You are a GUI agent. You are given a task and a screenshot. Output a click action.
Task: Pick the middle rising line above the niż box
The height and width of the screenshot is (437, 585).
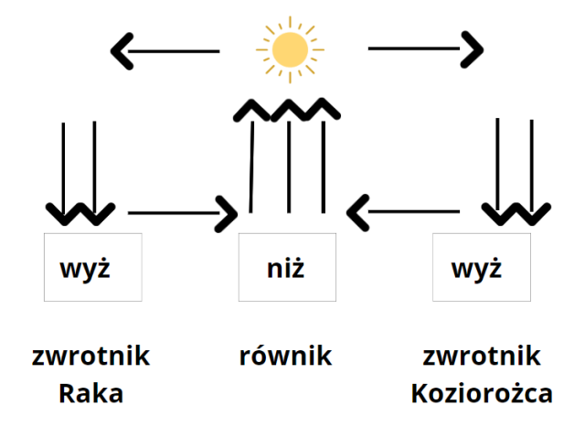coord(289,165)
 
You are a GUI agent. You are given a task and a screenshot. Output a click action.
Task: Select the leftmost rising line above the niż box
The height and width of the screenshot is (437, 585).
coord(252,165)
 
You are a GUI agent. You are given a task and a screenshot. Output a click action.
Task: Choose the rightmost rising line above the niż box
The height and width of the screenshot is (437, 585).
coord(323,165)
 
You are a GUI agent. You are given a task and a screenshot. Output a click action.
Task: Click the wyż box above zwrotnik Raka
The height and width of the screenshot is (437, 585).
coord(92,267)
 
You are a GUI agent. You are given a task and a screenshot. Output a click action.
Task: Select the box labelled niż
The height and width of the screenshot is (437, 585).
coord(287,267)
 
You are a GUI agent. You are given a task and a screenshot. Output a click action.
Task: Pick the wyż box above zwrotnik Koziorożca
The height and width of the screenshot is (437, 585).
coord(482,267)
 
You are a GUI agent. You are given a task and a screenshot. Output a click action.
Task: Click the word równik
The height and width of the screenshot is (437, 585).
coord(286,356)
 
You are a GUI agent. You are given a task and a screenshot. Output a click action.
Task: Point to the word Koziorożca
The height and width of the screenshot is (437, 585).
coord(482,394)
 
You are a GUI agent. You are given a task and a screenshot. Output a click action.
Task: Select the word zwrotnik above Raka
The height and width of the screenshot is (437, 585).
coord(90,356)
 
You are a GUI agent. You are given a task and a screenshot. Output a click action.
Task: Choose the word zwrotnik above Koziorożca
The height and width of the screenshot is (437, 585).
coord(483,356)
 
